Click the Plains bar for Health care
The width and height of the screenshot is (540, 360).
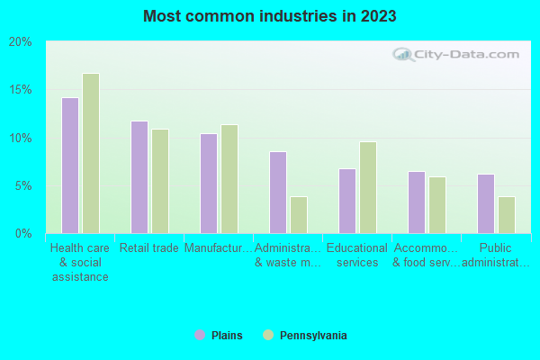70,166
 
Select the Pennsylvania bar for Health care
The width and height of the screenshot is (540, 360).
91,154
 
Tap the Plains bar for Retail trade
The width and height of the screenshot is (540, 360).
139,177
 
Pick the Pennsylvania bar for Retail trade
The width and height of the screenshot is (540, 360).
160,181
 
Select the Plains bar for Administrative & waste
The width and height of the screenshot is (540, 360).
278,193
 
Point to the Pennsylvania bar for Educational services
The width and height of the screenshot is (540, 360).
368,187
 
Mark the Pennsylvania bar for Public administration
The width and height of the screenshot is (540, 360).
507,215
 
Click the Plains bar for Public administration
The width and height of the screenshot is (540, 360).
486,203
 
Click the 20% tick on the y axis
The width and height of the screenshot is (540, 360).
21,42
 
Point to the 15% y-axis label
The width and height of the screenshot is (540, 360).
21,90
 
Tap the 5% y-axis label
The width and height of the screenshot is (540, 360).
23,186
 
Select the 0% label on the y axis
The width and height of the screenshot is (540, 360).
23,234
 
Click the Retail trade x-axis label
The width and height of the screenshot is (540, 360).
149,248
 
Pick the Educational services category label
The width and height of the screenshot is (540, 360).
357,256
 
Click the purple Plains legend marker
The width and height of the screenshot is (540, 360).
200,336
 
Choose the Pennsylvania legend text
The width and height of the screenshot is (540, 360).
313,336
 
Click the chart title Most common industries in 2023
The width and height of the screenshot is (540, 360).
269,16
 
